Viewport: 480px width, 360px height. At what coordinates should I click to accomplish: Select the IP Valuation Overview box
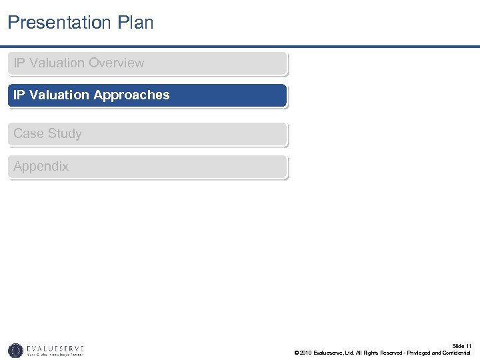coord(147,63)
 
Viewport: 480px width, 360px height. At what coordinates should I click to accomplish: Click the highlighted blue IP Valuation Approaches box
coord(147,95)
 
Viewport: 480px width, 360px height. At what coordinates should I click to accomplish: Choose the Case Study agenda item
coord(147,134)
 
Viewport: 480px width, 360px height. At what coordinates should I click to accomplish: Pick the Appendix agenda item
coord(147,167)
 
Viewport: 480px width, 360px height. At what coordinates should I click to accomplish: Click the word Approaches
coord(131,95)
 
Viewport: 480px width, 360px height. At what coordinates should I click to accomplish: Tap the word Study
coord(65,134)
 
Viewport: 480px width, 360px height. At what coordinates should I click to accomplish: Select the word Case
coord(29,134)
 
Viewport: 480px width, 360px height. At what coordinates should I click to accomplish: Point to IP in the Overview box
coord(19,63)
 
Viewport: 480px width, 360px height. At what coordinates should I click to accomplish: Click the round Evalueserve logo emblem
coord(15,350)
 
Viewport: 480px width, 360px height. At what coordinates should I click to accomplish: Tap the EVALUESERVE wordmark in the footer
coord(56,347)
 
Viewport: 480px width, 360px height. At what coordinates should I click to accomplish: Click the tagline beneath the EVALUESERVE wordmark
coord(56,355)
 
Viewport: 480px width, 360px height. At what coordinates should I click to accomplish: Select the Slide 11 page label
coord(461,346)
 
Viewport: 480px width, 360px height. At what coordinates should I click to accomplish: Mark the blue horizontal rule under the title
coord(240,47)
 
